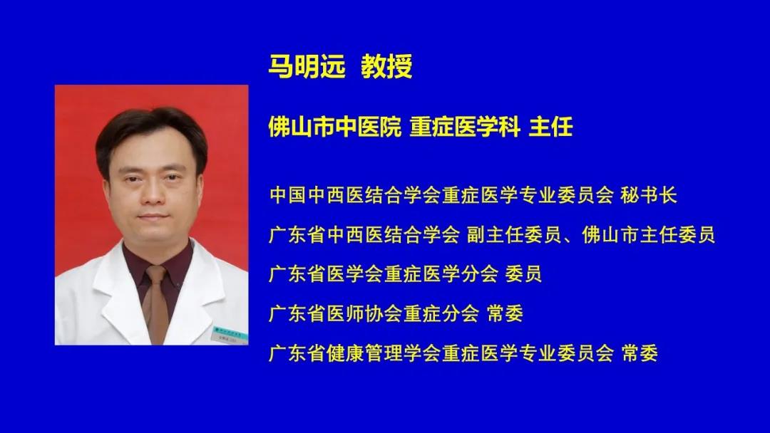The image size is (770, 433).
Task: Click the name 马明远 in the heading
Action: [307, 66]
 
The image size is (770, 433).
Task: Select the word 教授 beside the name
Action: [386, 66]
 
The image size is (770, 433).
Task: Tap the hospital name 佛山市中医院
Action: [335, 127]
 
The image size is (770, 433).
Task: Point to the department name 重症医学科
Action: [465, 127]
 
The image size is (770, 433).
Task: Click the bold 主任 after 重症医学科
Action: [551, 127]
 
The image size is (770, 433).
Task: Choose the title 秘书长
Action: [649, 195]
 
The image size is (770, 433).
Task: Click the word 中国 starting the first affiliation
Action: [288, 195]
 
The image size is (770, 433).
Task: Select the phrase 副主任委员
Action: [513, 235]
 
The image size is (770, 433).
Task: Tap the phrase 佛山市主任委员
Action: [649, 235]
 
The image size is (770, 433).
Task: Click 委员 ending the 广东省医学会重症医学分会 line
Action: [523, 273]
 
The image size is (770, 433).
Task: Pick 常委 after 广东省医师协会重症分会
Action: [505, 313]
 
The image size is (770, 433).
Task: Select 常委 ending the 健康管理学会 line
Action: [640, 353]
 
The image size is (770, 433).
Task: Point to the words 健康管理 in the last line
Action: [364, 353]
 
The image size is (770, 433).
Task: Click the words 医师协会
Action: [364, 313]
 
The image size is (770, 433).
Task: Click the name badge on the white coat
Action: [230, 335]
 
